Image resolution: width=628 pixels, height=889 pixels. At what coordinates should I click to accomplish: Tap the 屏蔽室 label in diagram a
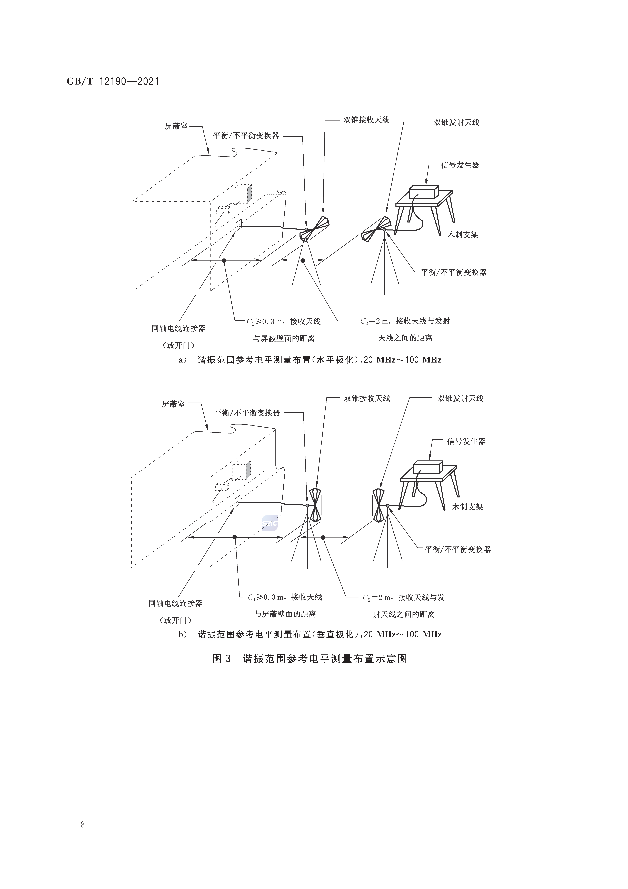pos(176,126)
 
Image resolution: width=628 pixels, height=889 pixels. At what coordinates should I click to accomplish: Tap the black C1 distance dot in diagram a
pos(224,261)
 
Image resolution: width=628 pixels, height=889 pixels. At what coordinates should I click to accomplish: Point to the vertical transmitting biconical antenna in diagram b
pos(379,505)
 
